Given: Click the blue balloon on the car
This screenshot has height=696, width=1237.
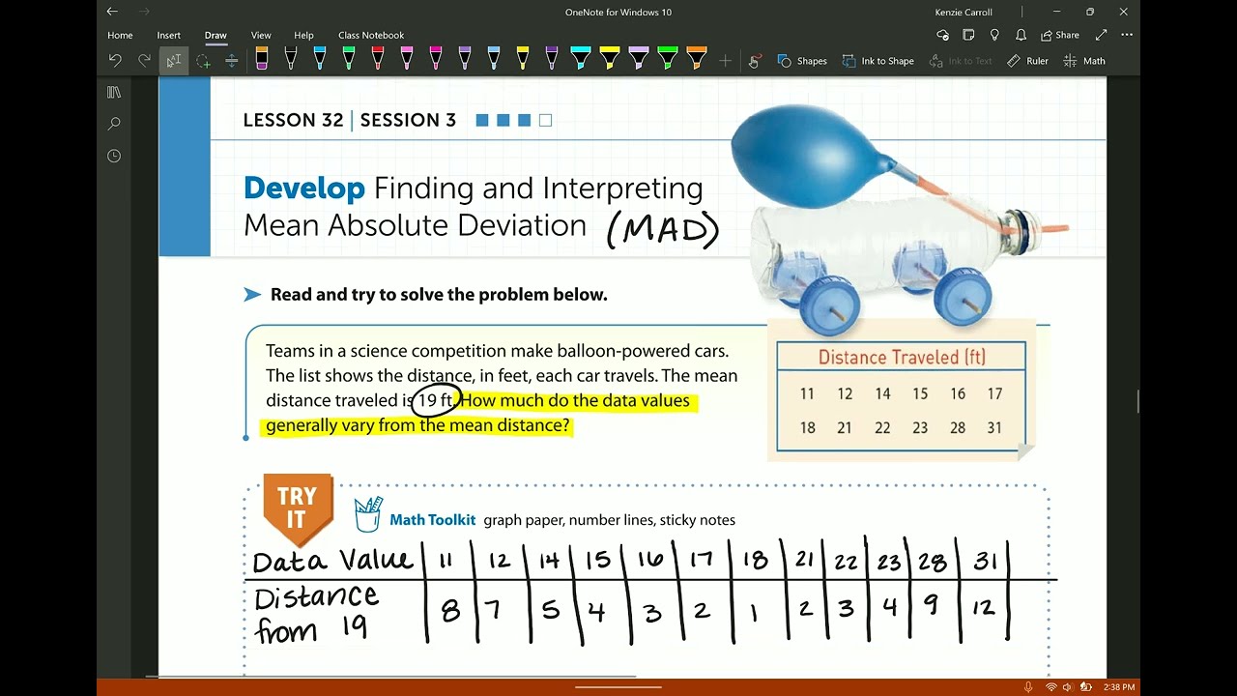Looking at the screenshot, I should (807, 156).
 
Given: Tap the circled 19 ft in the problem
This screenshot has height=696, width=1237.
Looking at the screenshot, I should (435, 400).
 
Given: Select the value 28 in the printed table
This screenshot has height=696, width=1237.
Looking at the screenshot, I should (957, 428).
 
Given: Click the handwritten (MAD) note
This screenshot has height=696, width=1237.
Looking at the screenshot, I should (663, 230).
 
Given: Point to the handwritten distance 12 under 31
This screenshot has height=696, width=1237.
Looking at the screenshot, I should (984, 609).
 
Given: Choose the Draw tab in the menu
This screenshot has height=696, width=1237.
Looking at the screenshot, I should (216, 35).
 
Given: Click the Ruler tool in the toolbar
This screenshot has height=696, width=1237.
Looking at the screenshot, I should (1027, 61).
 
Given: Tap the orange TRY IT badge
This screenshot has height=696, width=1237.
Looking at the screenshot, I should (297, 507).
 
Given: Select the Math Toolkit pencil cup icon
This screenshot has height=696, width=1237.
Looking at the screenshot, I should (368, 514).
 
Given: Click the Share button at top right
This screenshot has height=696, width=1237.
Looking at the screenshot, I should (1060, 35).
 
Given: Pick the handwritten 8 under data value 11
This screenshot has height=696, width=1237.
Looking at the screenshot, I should (449, 611).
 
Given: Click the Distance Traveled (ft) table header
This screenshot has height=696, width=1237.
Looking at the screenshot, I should (901, 358).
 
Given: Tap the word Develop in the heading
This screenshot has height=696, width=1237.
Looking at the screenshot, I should (303, 188).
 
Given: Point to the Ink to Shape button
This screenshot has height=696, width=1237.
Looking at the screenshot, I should (877, 61).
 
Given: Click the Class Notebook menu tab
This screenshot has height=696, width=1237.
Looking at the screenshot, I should (371, 35).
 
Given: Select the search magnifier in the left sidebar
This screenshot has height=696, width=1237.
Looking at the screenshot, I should (114, 124).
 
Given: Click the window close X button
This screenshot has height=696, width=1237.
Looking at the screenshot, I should (1123, 13).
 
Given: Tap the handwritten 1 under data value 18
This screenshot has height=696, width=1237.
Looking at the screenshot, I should (753, 612).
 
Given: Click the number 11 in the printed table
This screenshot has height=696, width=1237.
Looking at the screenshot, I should (807, 394).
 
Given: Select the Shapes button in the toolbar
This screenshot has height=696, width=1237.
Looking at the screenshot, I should (802, 61).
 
